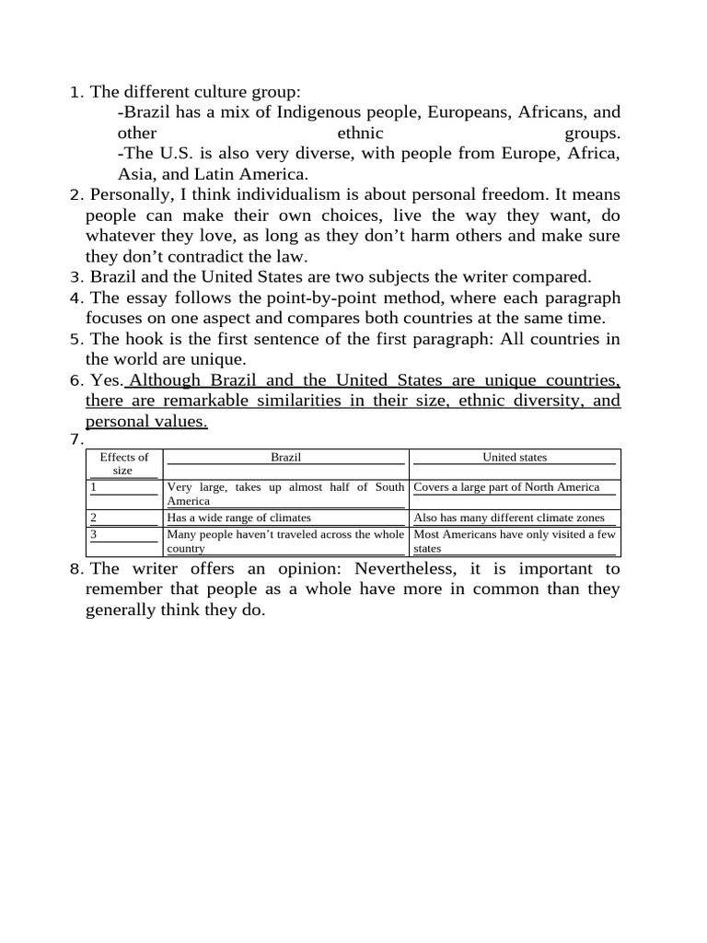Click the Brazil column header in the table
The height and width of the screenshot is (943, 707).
[x=285, y=457]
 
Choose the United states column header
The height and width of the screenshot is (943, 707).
[x=515, y=457]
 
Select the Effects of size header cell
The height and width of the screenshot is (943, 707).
[x=123, y=463]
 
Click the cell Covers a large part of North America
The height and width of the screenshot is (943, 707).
[x=507, y=487]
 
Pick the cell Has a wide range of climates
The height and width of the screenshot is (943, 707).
[x=239, y=518]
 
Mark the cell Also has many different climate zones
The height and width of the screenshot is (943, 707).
[x=509, y=518]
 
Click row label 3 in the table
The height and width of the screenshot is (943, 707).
[x=94, y=533]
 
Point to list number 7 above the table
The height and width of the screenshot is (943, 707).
[x=75, y=439]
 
